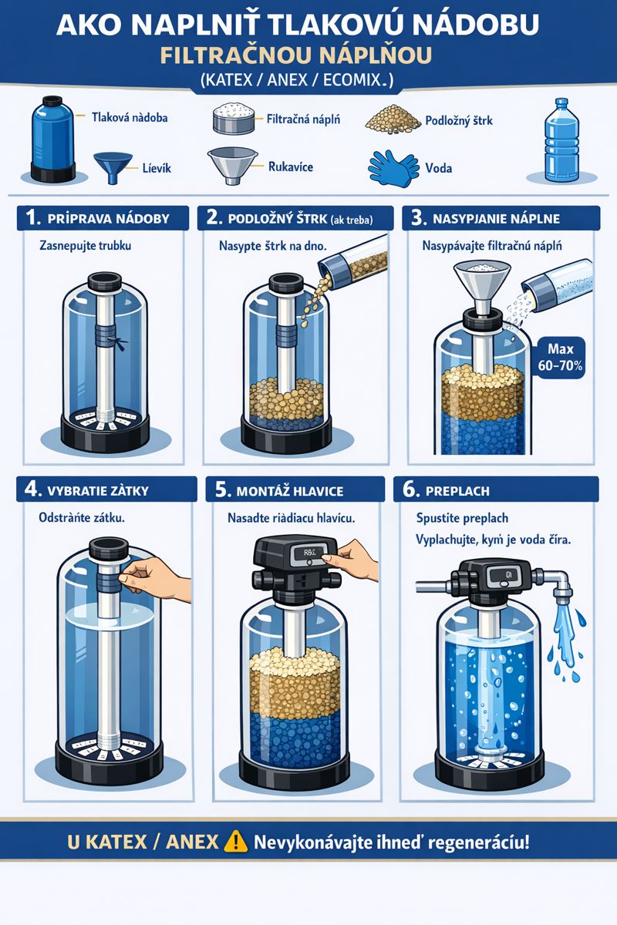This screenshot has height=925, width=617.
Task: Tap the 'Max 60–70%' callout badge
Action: tap(560, 358)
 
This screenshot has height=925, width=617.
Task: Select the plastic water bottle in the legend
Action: tap(561, 140)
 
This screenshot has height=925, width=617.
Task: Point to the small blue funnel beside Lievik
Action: tap(113, 167)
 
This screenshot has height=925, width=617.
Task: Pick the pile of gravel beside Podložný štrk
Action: tap(393, 119)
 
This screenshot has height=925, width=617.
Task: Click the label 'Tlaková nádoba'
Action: tap(130, 118)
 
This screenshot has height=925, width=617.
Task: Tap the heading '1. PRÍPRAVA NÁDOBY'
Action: tap(97, 218)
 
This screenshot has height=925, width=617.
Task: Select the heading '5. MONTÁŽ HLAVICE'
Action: tap(279, 490)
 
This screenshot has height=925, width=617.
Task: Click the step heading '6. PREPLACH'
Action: tap(446, 490)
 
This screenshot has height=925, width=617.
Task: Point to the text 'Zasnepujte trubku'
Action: tap(85, 246)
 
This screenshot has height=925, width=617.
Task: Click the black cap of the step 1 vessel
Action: tap(105, 282)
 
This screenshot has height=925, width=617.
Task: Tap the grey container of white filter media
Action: tap(234, 119)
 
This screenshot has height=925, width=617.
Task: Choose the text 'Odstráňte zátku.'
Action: tap(82, 517)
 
